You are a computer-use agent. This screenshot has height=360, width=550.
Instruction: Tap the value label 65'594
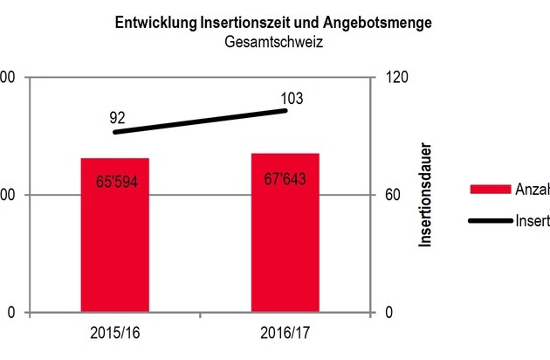[115, 183]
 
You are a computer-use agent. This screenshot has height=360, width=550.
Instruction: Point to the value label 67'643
[285, 178]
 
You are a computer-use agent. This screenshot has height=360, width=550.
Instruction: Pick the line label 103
[292, 98]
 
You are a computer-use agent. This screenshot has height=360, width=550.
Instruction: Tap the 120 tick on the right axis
[395, 77]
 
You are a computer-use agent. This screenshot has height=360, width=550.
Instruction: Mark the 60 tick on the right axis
[392, 195]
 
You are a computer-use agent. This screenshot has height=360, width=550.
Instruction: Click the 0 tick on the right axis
[388, 313]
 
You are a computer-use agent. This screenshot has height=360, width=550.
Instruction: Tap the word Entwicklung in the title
[151, 23]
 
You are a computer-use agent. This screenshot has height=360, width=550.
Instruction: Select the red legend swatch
[490, 190]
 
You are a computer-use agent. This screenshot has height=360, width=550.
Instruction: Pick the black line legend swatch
[490, 219]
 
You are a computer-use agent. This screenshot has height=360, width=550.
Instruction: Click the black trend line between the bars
[201, 121]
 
